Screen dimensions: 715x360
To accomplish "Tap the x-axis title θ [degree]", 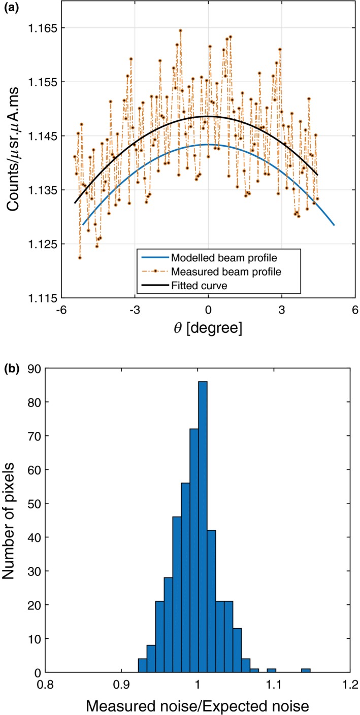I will (208, 328).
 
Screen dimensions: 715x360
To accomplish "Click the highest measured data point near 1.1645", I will (180, 30).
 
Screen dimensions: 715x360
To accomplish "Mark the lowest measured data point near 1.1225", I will (80, 258).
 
